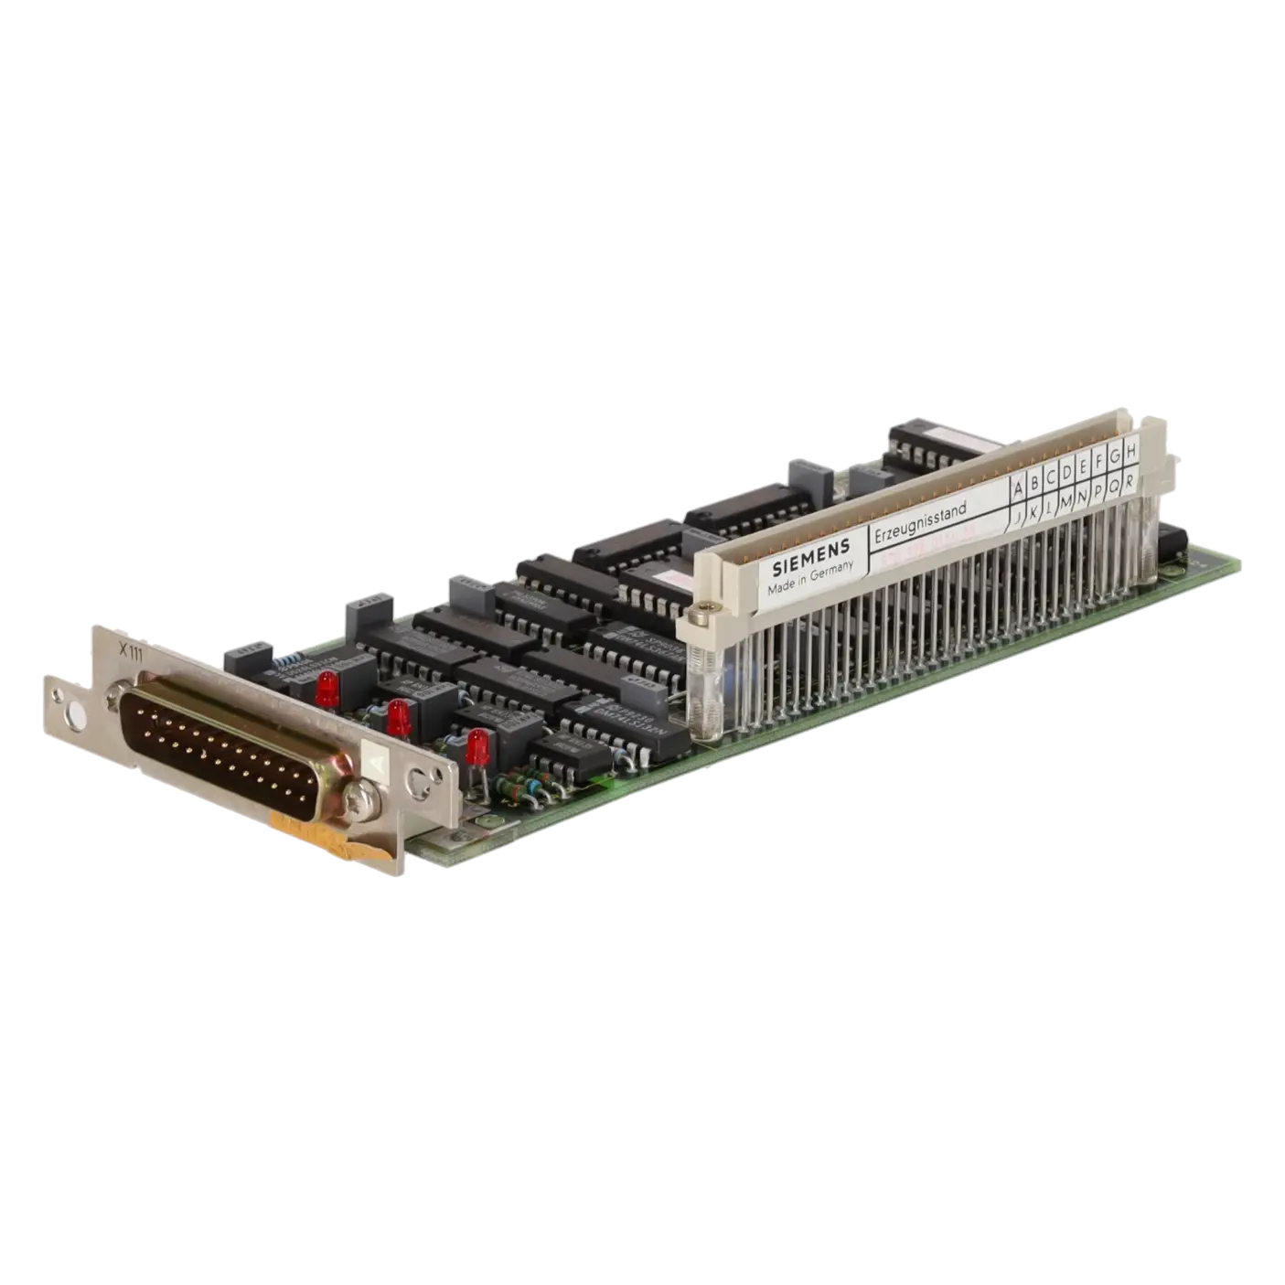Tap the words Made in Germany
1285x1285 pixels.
(x=810, y=577)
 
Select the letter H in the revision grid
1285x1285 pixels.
(x=1130, y=451)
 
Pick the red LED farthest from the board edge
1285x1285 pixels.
(x=327, y=687)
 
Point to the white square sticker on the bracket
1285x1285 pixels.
(x=377, y=760)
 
